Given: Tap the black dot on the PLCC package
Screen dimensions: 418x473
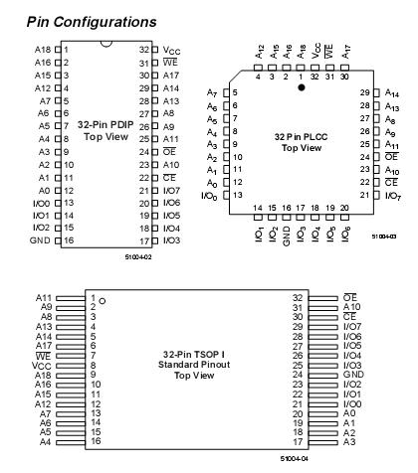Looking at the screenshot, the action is tap(302, 87).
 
